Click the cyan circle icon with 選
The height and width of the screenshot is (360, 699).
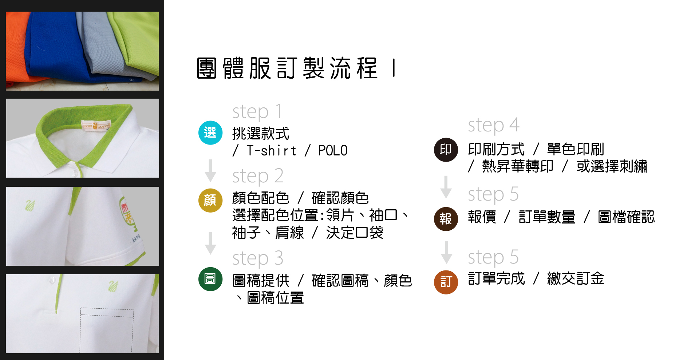click(210, 132)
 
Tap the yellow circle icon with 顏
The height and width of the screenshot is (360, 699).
click(210, 200)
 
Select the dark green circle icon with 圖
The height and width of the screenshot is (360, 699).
click(210, 279)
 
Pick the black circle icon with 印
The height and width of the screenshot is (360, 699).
click(446, 150)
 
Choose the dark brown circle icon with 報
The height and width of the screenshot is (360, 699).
click(446, 219)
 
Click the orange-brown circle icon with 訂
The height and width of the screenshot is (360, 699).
click(446, 282)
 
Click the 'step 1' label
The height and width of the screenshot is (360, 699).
click(257, 112)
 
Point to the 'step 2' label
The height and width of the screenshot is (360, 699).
click(258, 176)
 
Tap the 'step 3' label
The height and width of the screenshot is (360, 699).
click(258, 258)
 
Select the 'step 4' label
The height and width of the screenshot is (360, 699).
click(493, 125)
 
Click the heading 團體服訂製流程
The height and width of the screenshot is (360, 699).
click(287, 68)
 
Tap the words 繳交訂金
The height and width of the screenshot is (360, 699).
click(576, 279)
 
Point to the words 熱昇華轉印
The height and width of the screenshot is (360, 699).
click(517, 166)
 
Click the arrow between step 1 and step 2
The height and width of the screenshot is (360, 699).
click(210, 170)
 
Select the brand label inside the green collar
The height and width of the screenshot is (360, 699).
click(96, 126)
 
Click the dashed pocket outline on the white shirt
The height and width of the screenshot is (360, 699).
click(107, 329)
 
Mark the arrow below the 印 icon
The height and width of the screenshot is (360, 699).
click(446, 187)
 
